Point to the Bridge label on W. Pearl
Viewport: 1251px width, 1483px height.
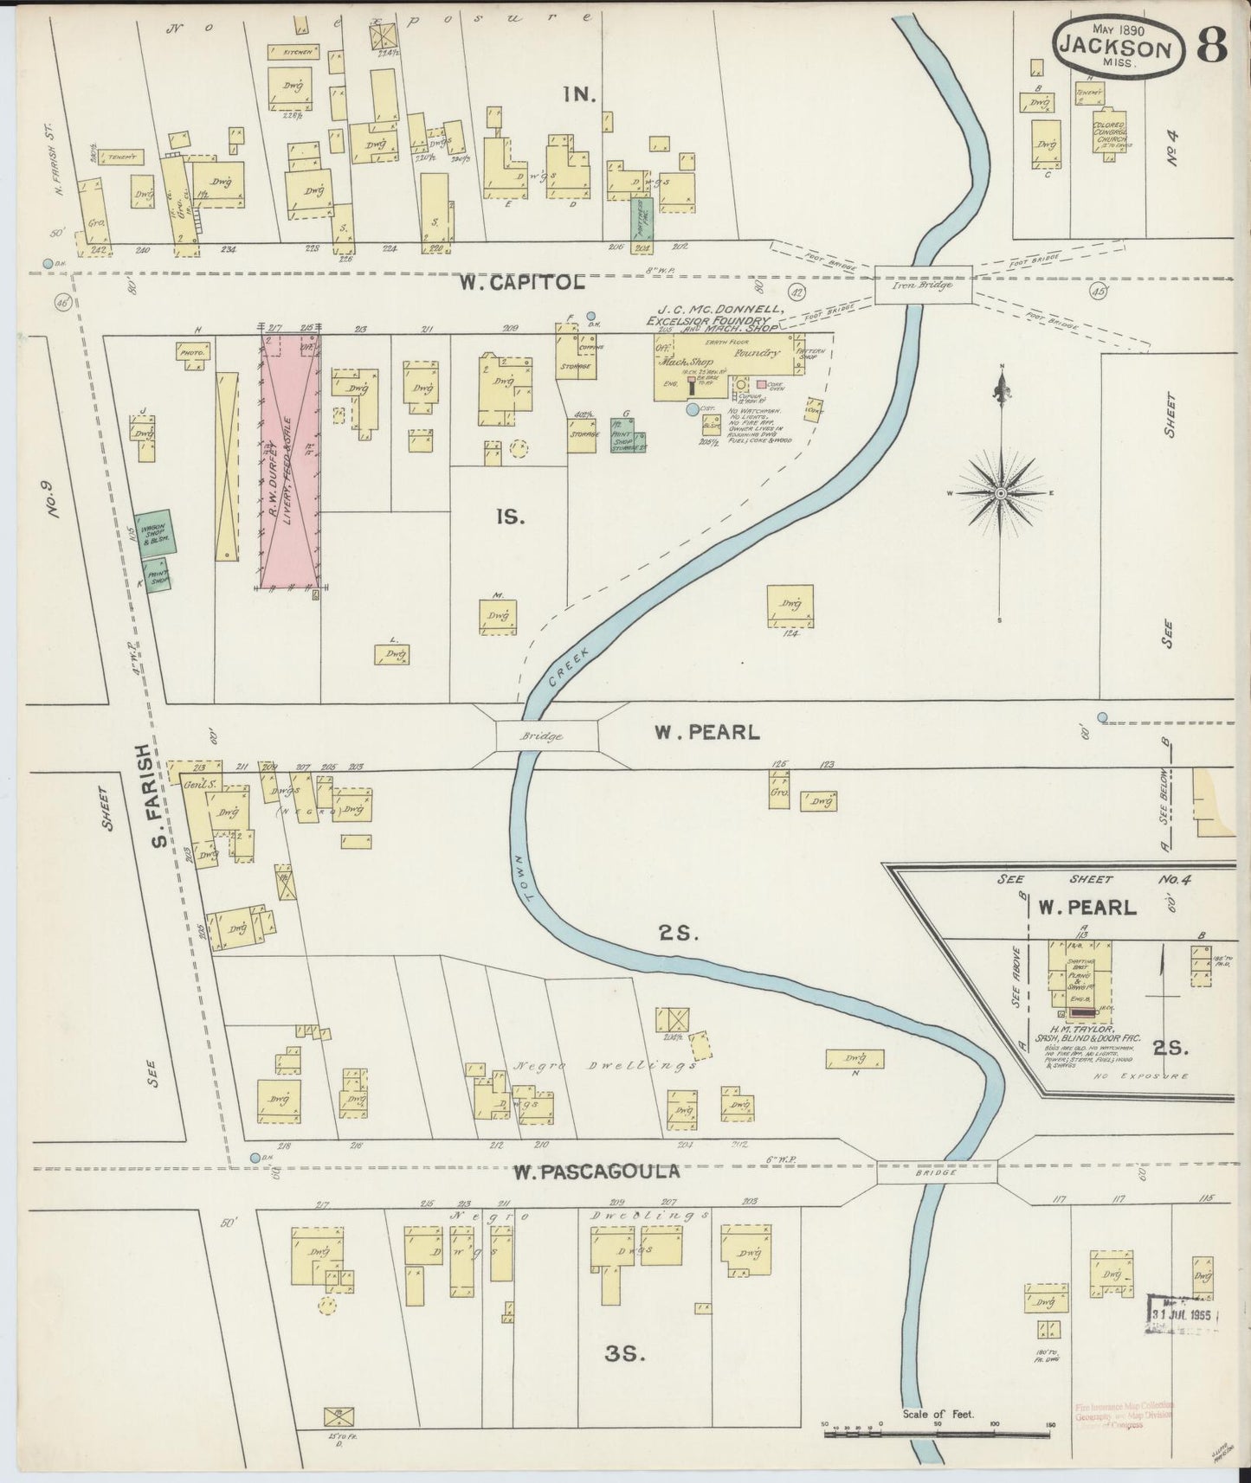pyautogui.click(x=542, y=736)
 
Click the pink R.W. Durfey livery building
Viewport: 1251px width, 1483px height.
pyautogui.click(x=290, y=460)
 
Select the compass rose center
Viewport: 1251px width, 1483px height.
pyautogui.click(x=1001, y=493)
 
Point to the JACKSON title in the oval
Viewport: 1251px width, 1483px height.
pyautogui.click(x=1118, y=48)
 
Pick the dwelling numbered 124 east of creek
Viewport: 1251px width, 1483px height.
pyautogui.click(x=790, y=605)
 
